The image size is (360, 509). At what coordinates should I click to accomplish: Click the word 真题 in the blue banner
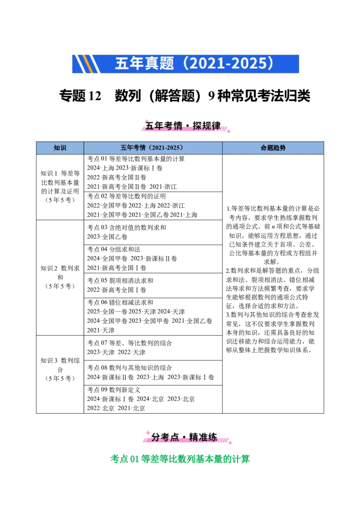[x=159, y=64]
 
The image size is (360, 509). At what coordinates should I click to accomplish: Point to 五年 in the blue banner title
[x=129, y=64]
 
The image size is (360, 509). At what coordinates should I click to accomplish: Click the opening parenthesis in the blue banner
[x=180, y=64]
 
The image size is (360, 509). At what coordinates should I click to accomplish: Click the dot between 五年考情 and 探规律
[x=186, y=126]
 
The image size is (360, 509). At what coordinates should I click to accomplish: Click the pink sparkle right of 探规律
[x=229, y=130]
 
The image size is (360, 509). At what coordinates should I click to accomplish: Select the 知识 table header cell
[x=60, y=148]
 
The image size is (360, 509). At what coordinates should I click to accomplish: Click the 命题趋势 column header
[x=273, y=148]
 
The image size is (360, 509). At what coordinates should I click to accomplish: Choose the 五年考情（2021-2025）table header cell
[x=153, y=148]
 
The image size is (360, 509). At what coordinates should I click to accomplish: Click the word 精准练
[x=203, y=437]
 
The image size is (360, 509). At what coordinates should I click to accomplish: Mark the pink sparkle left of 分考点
[x=147, y=432]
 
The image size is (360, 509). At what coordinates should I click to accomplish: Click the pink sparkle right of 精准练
[x=229, y=442]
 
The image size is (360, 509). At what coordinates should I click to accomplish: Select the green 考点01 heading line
[x=180, y=459]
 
